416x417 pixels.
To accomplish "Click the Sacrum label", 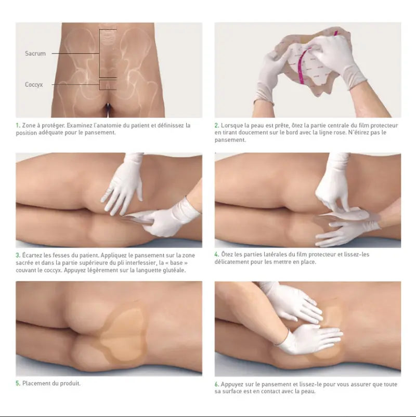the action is click(x=35, y=54).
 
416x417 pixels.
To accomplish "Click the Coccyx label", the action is click(x=34, y=85).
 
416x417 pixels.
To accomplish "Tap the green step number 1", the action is click(x=18, y=125).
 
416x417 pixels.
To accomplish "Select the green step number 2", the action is click(x=217, y=125).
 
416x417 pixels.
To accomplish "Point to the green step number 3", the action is click(x=18, y=255).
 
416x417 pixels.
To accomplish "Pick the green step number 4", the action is click(x=217, y=254).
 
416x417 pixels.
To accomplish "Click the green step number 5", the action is click(x=18, y=383).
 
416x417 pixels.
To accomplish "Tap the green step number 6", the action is click(x=217, y=384).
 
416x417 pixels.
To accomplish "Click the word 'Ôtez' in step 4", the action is click(x=227, y=254).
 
